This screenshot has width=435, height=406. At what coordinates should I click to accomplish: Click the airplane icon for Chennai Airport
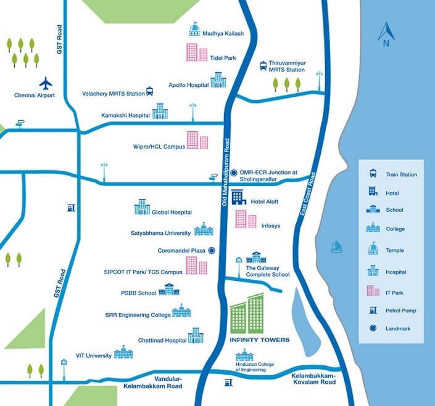click(46, 83)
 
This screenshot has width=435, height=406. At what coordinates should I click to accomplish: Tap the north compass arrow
click(385, 32)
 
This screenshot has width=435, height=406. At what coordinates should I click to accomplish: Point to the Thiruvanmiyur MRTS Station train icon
click(263, 66)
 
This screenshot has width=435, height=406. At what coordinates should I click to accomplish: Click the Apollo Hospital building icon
click(218, 80)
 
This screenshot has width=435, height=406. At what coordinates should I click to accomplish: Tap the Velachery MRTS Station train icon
click(149, 92)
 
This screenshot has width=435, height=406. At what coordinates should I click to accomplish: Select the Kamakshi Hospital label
click(125, 115)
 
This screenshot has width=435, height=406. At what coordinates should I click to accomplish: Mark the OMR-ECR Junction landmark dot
click(234, 173)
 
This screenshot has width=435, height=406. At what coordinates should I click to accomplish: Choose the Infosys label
click(270, 226)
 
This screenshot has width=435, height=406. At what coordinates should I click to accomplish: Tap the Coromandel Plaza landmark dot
click(212, 250)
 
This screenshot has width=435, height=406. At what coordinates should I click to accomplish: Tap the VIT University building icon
click(123, 352)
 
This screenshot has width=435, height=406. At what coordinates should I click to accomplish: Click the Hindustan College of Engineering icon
click(244, 355)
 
